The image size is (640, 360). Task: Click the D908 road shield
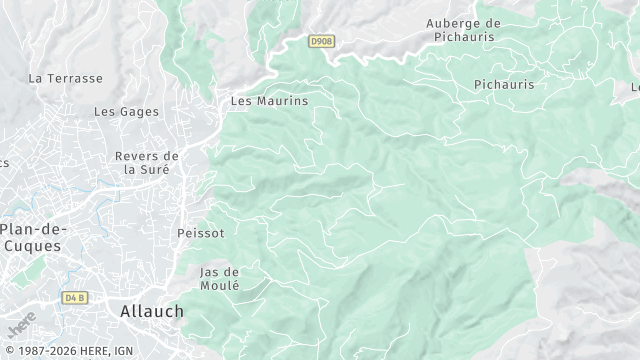pos(321,41)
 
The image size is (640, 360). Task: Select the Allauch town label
pos(152,311)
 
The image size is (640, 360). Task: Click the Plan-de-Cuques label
pos(31,237)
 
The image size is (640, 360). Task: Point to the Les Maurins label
pos(269,101)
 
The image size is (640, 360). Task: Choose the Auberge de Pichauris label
pos(463,30)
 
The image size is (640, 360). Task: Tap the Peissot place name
pos(200,233)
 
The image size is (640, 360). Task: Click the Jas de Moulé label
pos(220,278)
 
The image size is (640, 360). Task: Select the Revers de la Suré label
pos(147,162)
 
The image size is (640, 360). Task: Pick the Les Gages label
pos(126,112)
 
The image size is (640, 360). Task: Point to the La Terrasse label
pos(66,78)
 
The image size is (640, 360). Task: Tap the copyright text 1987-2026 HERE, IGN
pos(67,351)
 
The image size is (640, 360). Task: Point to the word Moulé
pos(220,285)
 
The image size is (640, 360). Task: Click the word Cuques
pos(32,245)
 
